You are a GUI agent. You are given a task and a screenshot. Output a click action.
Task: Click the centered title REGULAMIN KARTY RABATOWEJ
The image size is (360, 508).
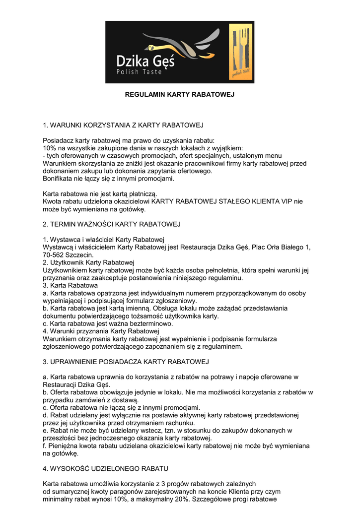(x=179, y=94)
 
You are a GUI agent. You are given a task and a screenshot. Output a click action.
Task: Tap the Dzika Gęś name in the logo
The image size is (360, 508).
(x=145, y=61)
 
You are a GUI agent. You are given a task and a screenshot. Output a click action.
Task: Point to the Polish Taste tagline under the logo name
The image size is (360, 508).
(x=139, y=72)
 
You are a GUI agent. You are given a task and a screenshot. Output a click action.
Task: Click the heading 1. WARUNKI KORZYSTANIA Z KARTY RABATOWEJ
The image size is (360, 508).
(x=123, y=125)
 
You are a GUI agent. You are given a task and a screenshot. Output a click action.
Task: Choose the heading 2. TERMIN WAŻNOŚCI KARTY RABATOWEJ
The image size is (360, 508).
(x=112, y=224)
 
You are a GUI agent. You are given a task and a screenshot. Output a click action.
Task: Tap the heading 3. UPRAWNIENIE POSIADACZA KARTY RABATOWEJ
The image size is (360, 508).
(x=126, y=361)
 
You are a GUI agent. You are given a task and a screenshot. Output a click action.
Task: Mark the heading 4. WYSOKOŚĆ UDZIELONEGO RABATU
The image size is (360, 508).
(x=106, y=468)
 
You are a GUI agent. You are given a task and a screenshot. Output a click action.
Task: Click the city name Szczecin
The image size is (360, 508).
(x=80, y=254)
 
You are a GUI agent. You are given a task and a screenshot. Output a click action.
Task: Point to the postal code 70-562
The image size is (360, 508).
(x=54, y=254)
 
